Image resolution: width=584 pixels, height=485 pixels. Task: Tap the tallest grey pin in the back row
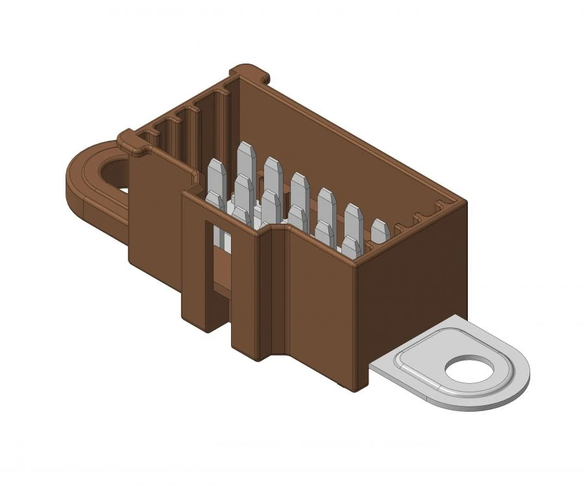245,159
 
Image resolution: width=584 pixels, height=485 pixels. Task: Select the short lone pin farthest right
380,231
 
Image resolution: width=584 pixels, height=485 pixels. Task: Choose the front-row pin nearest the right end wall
352,246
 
